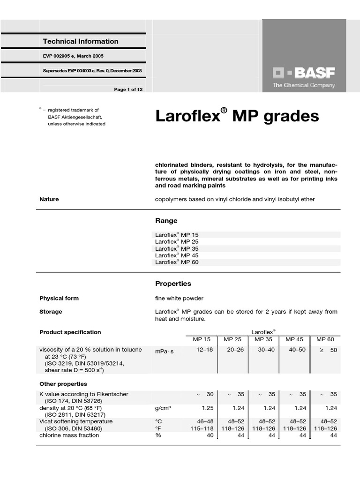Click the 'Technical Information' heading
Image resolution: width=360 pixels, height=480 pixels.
pyautogui.click(x=81, y=41)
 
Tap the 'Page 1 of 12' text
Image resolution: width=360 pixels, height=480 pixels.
pyautogui.click(x=128, y=90)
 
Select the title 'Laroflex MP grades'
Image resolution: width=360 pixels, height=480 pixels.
pyautogui.click(x=237, y=116)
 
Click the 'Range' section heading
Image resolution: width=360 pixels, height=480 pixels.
pyautogui.click(x=166, y=221)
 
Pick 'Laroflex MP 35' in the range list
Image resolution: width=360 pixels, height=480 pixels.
pyautogui.click(x=177, y=248)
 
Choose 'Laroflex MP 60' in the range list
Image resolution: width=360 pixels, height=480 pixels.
pyautogui.click(x=177, y=262)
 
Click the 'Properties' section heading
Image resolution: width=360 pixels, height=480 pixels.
pyautogui.click(x=173, y=284)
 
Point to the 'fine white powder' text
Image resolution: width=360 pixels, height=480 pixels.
pyautogui.click(x=179, y=298)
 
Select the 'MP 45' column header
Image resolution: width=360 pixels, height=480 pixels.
pyautogui.click(x=294, y=339)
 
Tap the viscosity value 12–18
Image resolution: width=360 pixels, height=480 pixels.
pyautogui.click(x=204, y=350)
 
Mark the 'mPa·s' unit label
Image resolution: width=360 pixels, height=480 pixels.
pyautogui.click(x=164, y=351)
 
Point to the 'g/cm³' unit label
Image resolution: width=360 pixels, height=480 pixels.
pyautogui.click(x=163, y=408)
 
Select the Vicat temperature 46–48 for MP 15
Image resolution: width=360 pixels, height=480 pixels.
pyautogui.click(x=204, y=422)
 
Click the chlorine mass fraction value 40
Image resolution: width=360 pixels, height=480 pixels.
pyautogui.click(x=210, y=435)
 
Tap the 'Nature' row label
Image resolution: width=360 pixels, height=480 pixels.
pyautogui.click(x=49, y=199)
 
